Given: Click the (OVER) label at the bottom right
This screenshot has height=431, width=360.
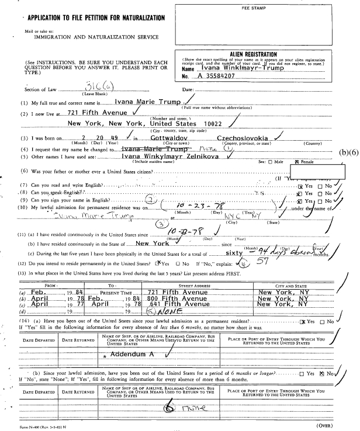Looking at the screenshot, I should click(343, 425).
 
